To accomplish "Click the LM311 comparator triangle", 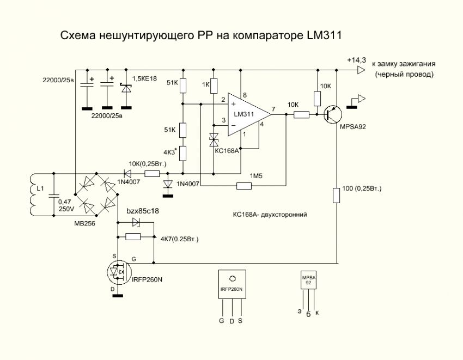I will click(248, 115).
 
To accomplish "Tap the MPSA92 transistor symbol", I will click(332, 115).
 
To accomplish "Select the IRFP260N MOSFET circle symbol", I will click(119, 271).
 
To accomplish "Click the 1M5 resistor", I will click(244, 186).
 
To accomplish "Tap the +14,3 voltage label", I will click(356, 60).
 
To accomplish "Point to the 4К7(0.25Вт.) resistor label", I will click(180, 239).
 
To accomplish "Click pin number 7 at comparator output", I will click(273, 108).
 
